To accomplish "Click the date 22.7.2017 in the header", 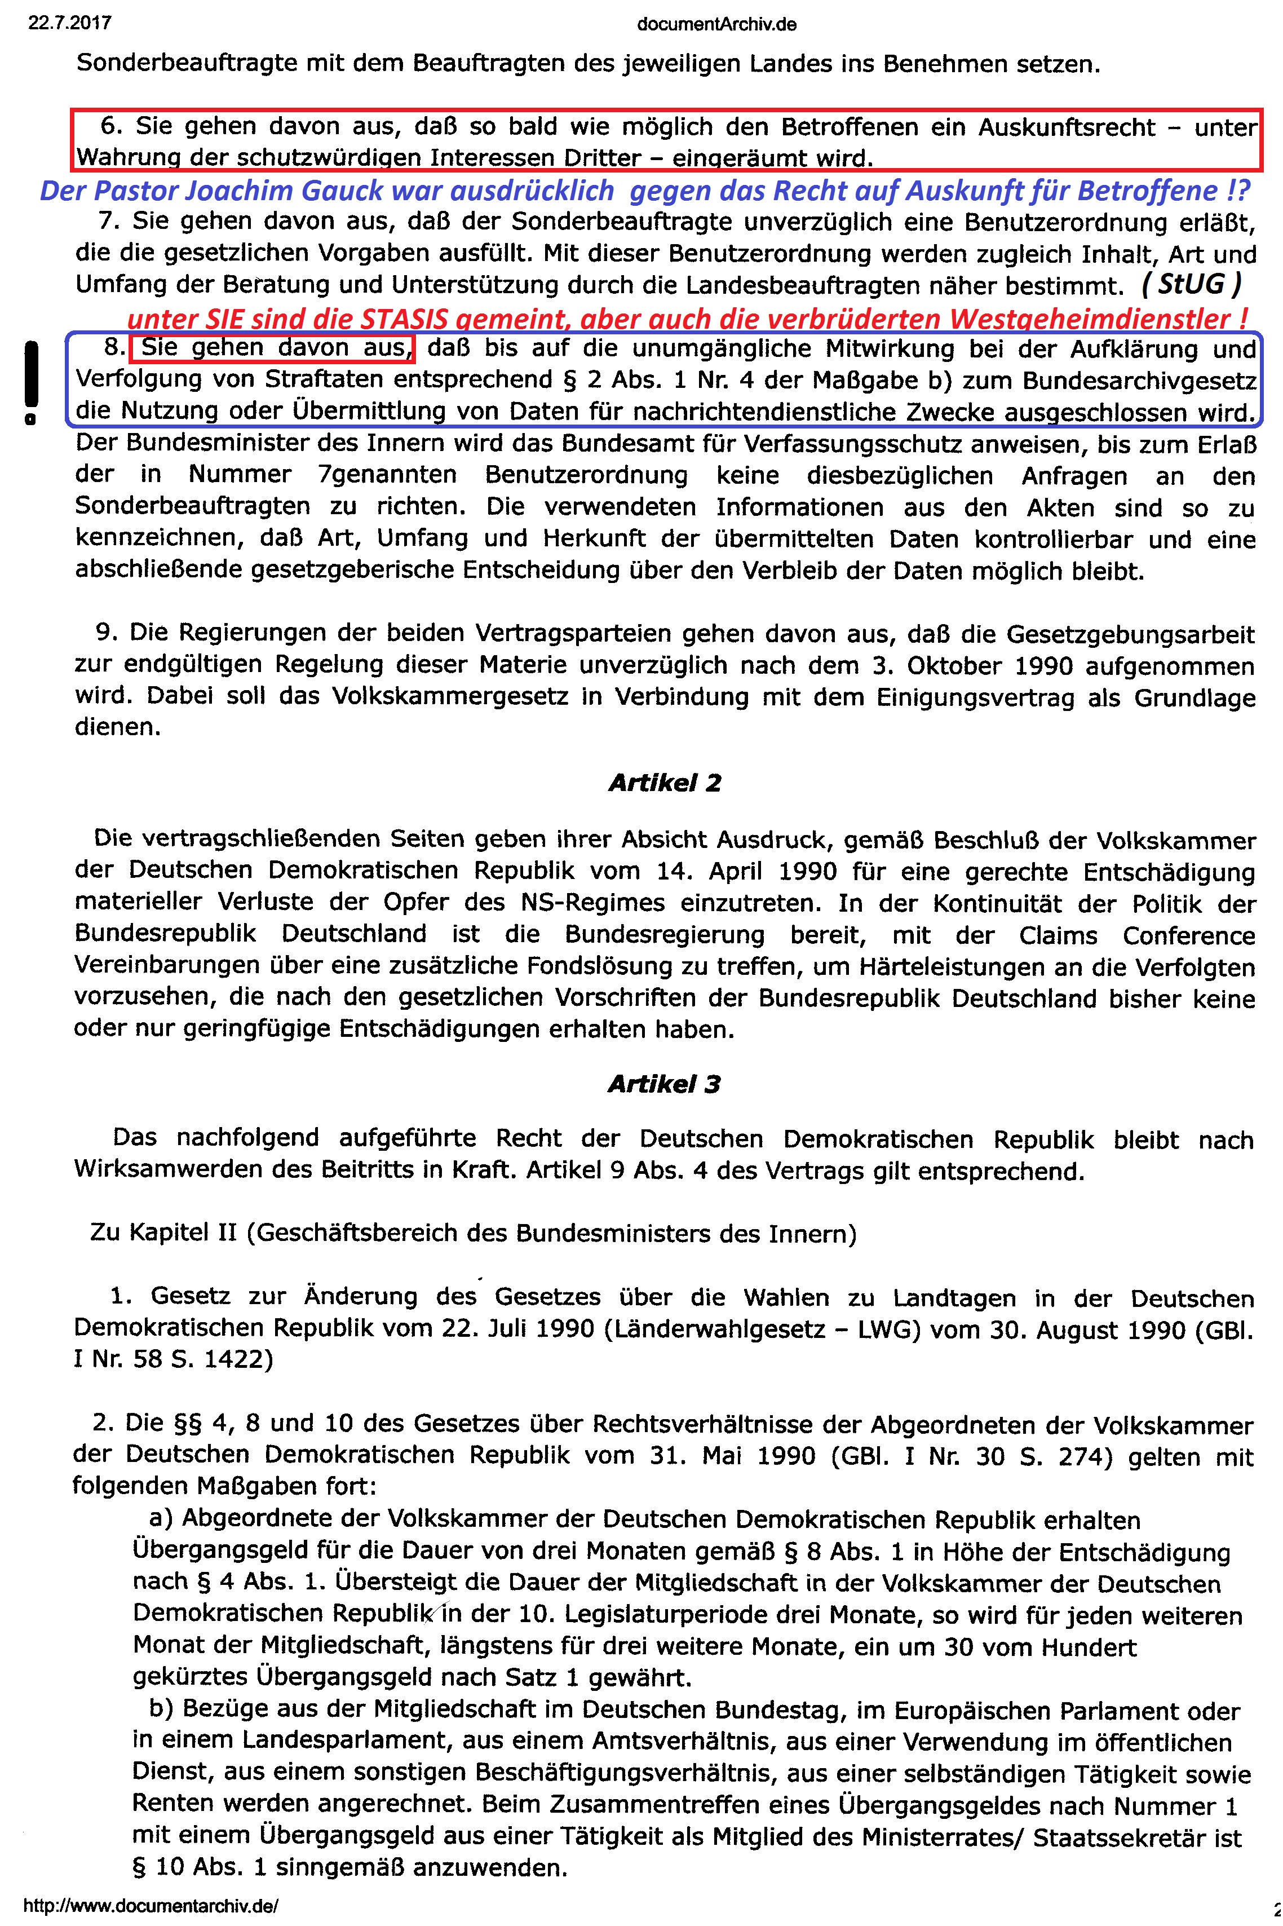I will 69,23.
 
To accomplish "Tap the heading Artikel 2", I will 665,783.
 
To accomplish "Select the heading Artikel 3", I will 665,1084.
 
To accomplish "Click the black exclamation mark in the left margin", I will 30,381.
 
